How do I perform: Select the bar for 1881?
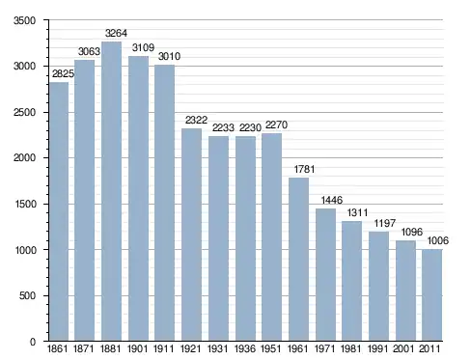coord(111,191)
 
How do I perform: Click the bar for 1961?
coord(298,260)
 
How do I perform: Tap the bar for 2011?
coord(432,295)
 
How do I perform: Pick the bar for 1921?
coord(191,235)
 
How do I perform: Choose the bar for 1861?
coord(59,211)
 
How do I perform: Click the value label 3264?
coord(116,33)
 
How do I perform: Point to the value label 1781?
coord(304,169)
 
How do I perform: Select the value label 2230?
coord(250,128)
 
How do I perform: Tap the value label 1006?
coord(437,240)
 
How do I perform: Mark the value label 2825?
coord(63,74)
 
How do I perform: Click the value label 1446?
coord(332,200)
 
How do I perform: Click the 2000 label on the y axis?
coord(24,158)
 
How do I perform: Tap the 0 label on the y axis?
coord(33,342)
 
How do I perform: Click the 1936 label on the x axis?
coord(245,348)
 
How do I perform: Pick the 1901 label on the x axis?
coord(138,348)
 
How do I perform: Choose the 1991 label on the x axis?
coord(378,348)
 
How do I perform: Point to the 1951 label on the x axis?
coord(271,348)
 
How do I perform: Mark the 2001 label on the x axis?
coord(403,348)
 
